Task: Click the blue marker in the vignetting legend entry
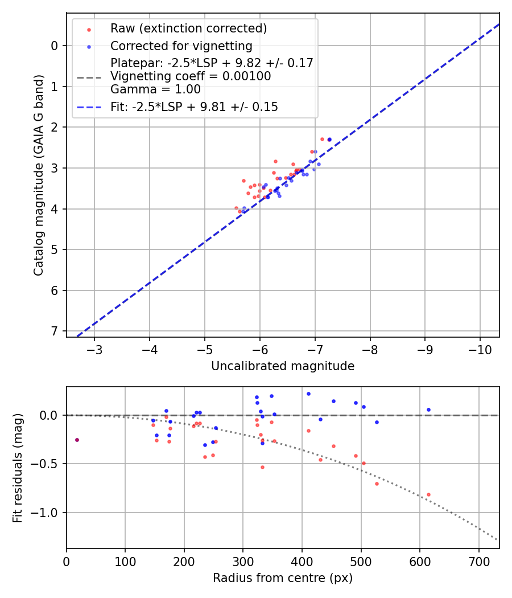click(x=89, y=46)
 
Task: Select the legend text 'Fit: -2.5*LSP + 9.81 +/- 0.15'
click(x=194, y=107)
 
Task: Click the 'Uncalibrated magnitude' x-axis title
click(x=283, y=366)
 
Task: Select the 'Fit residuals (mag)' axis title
click(x=18, y=468)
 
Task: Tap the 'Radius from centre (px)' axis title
click(x=283, y=578)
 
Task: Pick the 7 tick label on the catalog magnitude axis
click(x=55, y=331)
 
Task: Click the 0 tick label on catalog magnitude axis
click(x=55, y=46)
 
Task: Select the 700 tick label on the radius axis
click(x=478, y=560)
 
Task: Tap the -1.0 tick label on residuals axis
click(x=48, y=513)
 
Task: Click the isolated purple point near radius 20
click(x=77, y=440)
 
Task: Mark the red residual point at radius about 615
click(x=428, y=494)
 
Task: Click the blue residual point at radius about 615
click(x=428, y=409)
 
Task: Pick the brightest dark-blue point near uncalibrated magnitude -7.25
click(x=329, y=140)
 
